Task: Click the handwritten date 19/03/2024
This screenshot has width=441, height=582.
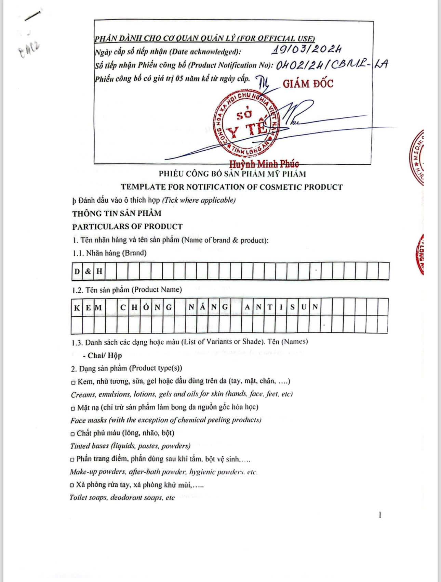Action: point(307,50)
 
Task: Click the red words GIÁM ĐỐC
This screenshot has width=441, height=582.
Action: point(308,84)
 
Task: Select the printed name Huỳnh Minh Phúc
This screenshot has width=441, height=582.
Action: point(264,164)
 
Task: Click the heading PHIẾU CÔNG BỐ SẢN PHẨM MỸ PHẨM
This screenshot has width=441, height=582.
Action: point(232,174)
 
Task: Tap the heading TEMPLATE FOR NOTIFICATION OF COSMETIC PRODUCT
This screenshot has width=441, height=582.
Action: point(231,187)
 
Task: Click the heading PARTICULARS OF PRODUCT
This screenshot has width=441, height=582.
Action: point(127,227)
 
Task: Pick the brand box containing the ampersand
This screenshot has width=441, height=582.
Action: point(88,271)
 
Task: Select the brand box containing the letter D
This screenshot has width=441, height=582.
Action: point(77,271)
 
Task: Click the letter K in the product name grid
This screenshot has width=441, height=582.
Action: point(77,307)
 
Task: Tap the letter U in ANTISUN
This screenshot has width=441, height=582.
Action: point(304,307)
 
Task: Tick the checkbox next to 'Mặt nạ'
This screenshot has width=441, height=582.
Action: point(73,408)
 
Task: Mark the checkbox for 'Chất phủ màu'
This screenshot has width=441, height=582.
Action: point(72,434)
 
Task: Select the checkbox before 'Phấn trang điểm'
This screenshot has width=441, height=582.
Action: point(72,460)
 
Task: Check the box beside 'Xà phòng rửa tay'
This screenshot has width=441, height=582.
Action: point(72,485)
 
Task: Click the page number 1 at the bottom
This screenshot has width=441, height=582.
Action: point(380,515)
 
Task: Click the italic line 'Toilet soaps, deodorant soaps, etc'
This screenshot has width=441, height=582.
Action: point(122,498)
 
